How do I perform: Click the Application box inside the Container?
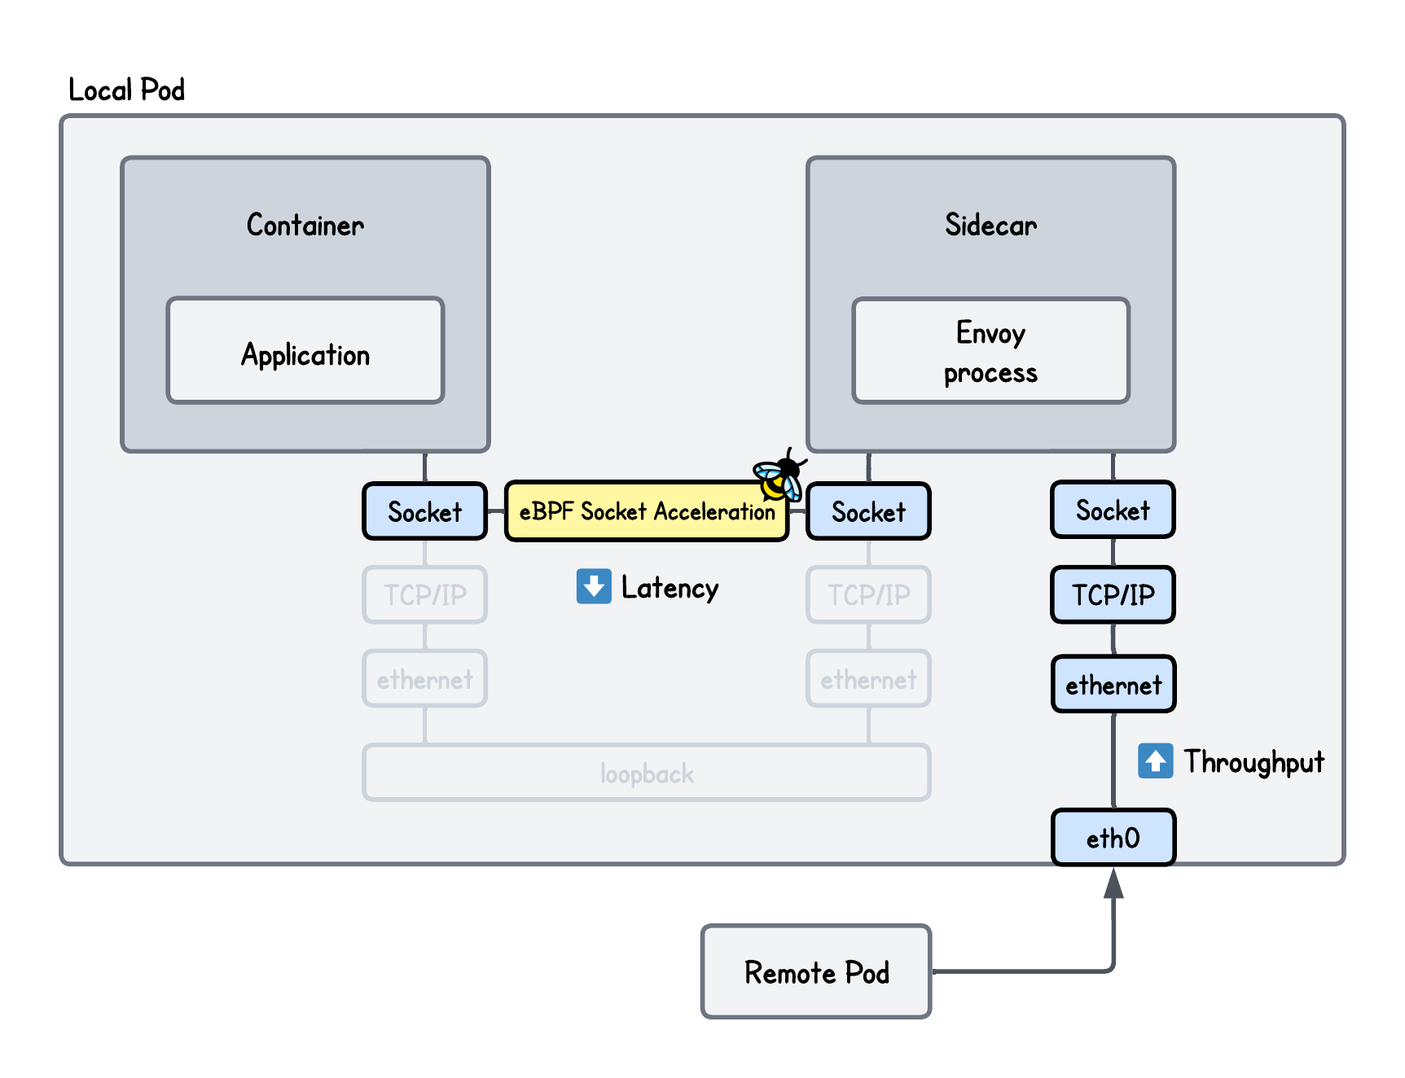coord(305,351)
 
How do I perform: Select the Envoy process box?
coord(990,351)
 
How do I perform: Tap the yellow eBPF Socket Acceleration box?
coord(646,512)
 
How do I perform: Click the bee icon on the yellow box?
coord(779,477)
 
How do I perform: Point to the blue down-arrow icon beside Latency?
coord(594,586)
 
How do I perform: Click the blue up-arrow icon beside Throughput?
coord(1155,760)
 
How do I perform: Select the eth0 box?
coord(1113,838)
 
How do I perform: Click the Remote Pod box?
coord(816,971)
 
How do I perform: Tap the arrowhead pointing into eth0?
coord(1113,883)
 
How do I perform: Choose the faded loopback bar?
coord(646,773)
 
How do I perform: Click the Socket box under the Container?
coord(424,512)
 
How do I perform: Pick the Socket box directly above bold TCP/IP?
coord(1113,511)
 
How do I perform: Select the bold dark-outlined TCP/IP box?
coord(1113,595)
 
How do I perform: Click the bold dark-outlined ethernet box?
coord(1113,685)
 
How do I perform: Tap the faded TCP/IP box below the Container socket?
coord(424,595)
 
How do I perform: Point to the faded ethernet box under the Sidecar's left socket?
coord(868,679)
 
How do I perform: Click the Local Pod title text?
coord(126,90)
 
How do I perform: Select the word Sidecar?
coord(990,225)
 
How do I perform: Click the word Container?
coord(305,225)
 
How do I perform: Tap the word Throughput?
coord(1254,762)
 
